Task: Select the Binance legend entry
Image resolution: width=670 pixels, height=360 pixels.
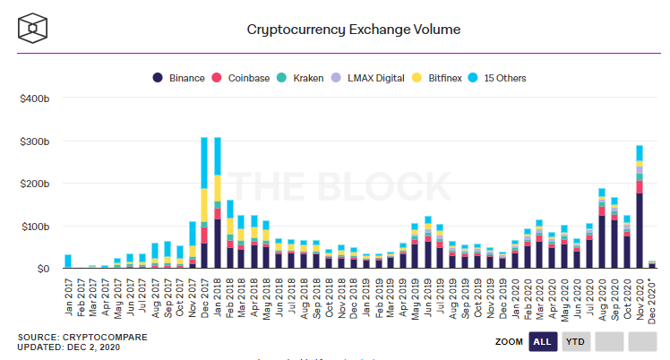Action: click(x=180, y=77)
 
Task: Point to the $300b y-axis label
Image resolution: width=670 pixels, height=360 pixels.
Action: click(x=33, y=141)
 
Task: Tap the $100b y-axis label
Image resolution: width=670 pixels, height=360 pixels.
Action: click(x=33, y=227)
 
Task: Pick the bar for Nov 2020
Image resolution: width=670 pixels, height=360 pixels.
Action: click(x=640, y=206)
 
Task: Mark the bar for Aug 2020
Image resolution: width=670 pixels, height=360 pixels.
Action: click(x=602, y=228)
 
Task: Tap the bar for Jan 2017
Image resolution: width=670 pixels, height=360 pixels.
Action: click(x=68, y=261)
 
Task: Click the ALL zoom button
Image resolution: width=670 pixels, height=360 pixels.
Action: click(x=542, y=341)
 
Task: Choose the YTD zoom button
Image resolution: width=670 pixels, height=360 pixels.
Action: click(x=574, y=341)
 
